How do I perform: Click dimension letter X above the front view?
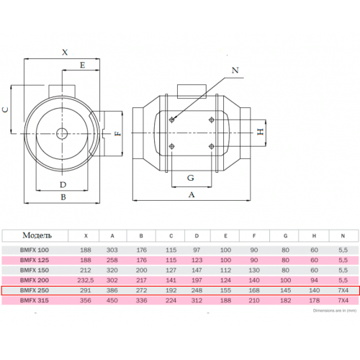tap(65, 52)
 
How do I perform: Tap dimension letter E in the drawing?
tap(82, 65)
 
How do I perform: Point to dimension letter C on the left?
tap(5, 109)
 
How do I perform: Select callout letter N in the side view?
tap(235, 70)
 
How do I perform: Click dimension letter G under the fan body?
tap(191, 178)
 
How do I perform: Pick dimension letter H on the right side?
tap(261, 132)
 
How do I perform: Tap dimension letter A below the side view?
tap(192, 194)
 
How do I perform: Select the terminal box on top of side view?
tap(192, 91)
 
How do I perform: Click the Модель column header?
tap(37, 235)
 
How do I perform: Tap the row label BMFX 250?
tap(35, 290)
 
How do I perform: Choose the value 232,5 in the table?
tap(86, 280)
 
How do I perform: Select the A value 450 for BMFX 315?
tap(112, 300)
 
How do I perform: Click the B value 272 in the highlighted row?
tap(141, 290)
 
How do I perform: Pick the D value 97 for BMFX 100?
tap(197, 250)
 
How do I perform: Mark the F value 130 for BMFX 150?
tap(254, 270)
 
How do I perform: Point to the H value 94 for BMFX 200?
tap(314, 280)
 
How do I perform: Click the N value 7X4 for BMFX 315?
tap(343, 300)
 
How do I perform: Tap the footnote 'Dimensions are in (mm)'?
tap(335, 310)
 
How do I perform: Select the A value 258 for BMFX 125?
tap(112, 260)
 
